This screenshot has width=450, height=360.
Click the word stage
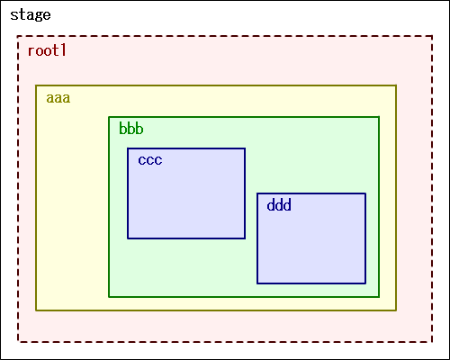[x=31, y=15]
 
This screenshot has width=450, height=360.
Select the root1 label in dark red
[x=47, y=50]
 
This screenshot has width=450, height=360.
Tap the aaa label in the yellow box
[x=58, y=98]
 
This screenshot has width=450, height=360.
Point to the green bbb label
[x=131, y=128]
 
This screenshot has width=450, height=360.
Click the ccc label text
[x=150, y=160]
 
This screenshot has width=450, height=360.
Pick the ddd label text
[x=279, y=205]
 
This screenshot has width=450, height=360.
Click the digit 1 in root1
[x=63, y=50]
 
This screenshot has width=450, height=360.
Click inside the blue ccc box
[x=186, y=193]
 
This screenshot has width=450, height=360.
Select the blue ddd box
[x=311, y=238]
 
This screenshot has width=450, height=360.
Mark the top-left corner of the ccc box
[x=128, y=148]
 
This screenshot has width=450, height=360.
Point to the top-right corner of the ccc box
[x=245, y=148]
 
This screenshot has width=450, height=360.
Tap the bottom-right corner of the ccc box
[x=245, y=238]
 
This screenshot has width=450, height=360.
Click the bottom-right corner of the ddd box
[x=365, y=283]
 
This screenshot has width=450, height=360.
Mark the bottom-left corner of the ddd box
[x=257, y=283]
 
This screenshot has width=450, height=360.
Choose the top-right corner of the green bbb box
[x=379, y=117]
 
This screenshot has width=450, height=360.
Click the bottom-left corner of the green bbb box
[x=109, y=297]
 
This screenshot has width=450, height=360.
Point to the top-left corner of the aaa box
[x=36, y=85]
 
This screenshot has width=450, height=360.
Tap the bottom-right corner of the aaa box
[x=396, y=310]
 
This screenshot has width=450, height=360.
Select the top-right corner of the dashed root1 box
[x=432, y=36]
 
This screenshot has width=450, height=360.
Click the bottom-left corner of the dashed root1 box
[x=18, y=342]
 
